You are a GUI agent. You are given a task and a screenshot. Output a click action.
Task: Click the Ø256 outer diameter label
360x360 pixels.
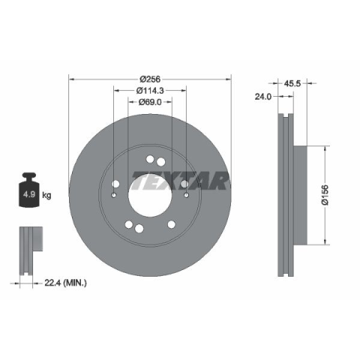point(150,79)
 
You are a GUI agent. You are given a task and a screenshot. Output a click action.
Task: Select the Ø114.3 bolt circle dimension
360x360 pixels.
point(150,91)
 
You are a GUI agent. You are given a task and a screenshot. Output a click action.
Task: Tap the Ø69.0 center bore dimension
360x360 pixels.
point(150,102)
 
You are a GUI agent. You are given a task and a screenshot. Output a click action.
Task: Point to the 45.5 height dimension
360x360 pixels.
point(292,83)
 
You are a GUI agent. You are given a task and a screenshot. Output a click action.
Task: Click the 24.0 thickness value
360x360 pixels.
point(263,97)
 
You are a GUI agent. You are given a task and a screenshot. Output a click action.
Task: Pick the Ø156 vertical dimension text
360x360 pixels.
point(325,195)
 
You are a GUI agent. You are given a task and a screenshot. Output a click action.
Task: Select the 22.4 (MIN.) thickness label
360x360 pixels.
point(65,283)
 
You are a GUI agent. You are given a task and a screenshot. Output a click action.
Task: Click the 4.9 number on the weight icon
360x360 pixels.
point(29,194)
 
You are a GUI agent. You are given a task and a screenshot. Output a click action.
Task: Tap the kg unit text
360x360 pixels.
point(46,195)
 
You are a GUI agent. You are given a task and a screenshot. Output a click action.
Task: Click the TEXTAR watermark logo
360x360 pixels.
point(180,181)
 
